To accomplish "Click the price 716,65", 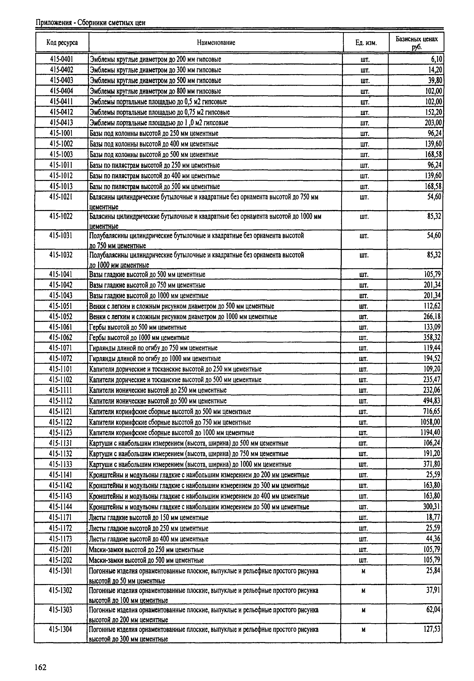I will (432, 411).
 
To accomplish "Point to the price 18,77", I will (433, 518).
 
